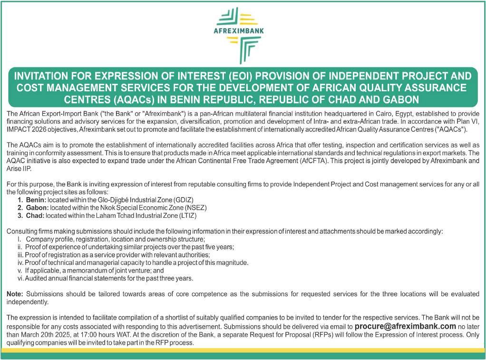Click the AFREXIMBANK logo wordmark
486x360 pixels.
click(x=243, y=32)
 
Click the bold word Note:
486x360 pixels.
click(x=15, y=294)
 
